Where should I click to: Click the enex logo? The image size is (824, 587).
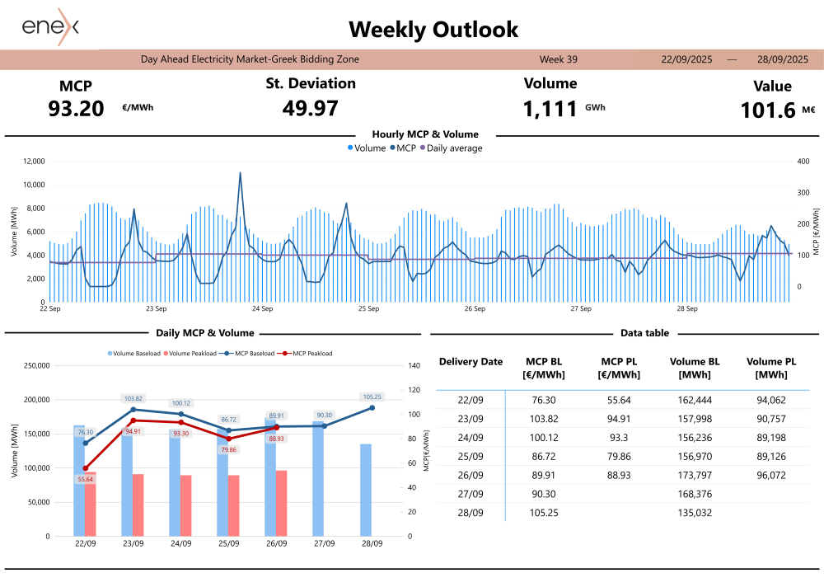tap(50, 26)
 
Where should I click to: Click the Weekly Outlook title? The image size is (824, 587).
tap(433, 30)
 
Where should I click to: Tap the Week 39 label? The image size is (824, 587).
tap(558, 59)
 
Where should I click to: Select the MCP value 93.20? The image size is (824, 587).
tap(76, 108)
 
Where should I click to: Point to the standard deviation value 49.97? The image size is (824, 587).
tap(310, 108)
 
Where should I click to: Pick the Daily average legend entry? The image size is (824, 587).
tap(454, 148)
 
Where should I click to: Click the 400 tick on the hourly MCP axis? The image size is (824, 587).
tap(804, 162)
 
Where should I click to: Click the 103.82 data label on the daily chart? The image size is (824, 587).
tap(133, 398)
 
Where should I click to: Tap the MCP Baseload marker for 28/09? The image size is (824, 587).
tap(372, 407)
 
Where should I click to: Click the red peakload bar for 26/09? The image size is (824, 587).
tap(282, 503)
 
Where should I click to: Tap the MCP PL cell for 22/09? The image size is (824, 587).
tap(620, 400)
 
